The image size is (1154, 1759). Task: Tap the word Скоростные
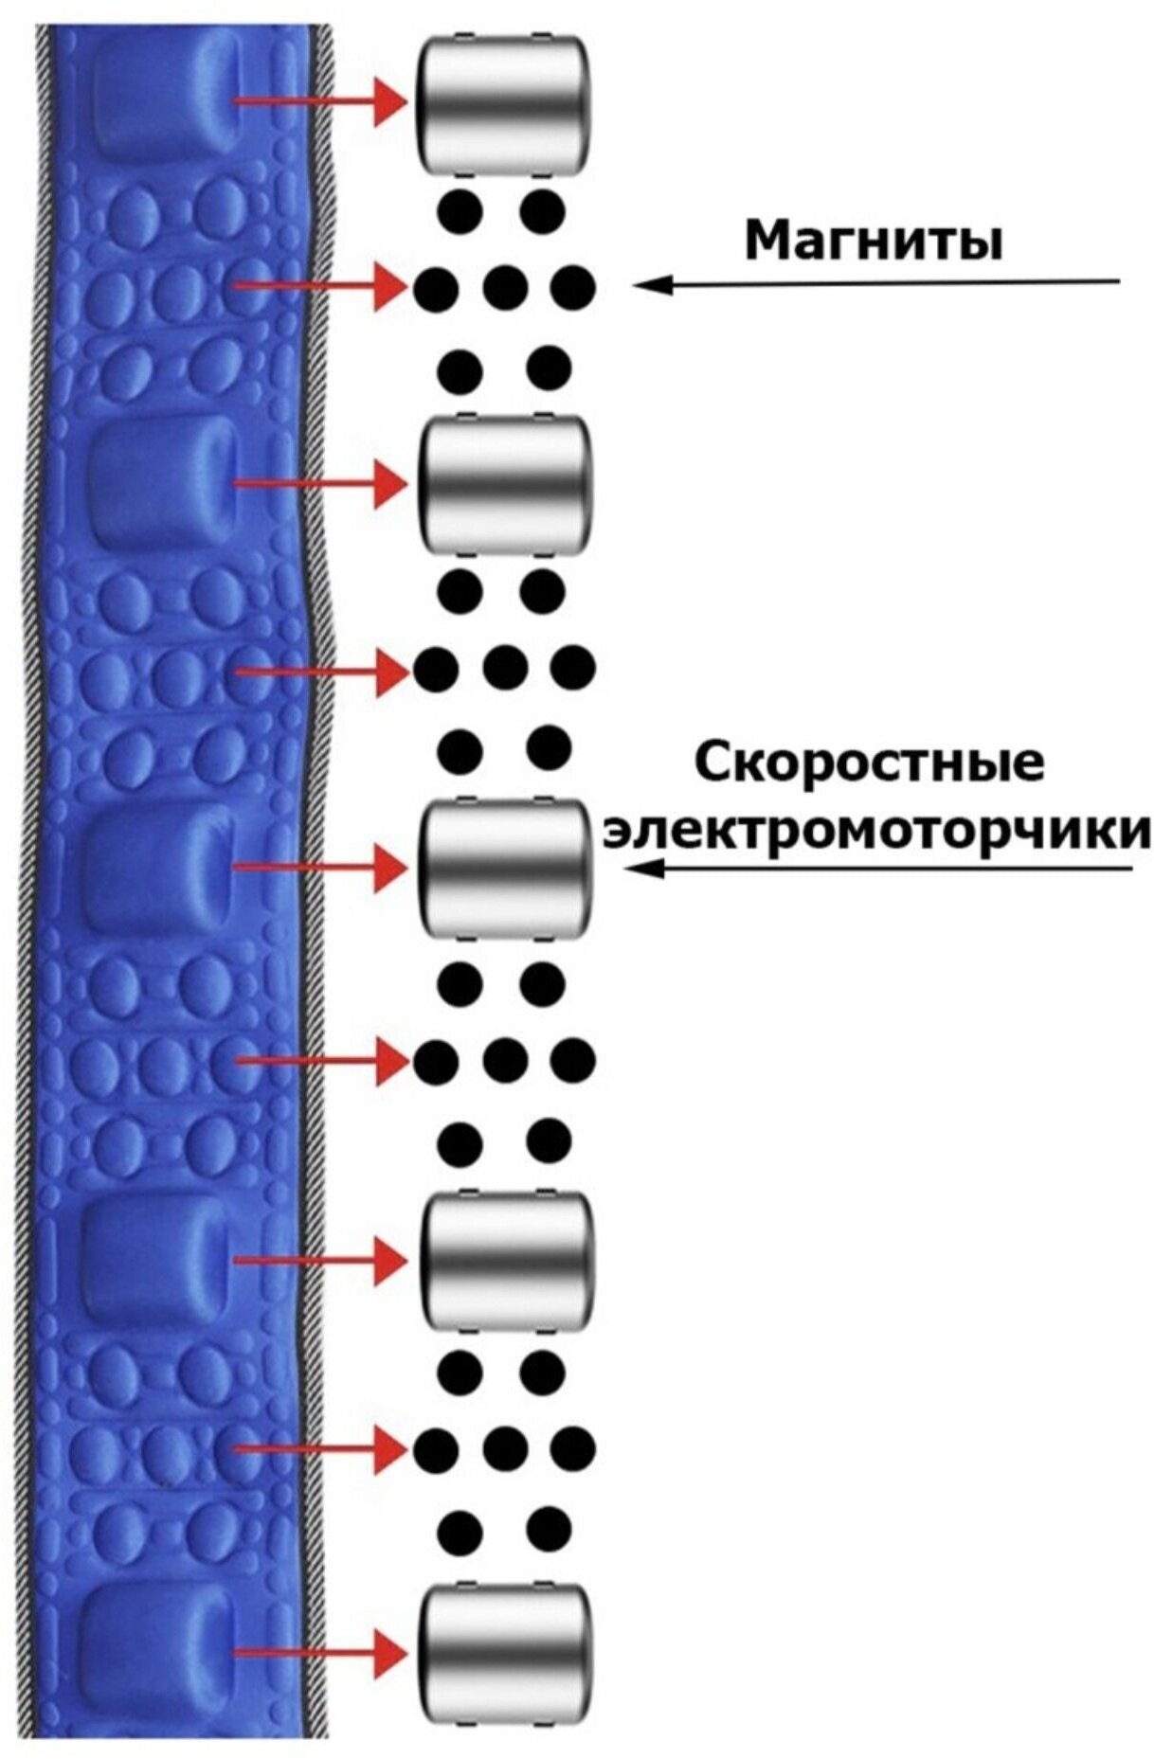(x=870, y=763)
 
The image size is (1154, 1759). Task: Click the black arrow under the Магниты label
(x=876, y=283)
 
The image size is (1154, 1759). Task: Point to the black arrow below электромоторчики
(x=881, y=870)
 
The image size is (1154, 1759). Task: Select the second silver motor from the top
(x=504, y=484)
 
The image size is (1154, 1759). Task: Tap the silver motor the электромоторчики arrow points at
(x=504, y=870)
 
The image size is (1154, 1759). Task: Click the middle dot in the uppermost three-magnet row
(x=505, y=285)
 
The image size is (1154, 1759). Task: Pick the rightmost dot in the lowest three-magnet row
(x=573, y=1448)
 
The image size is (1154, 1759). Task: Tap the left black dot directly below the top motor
(x=461, y=210)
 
